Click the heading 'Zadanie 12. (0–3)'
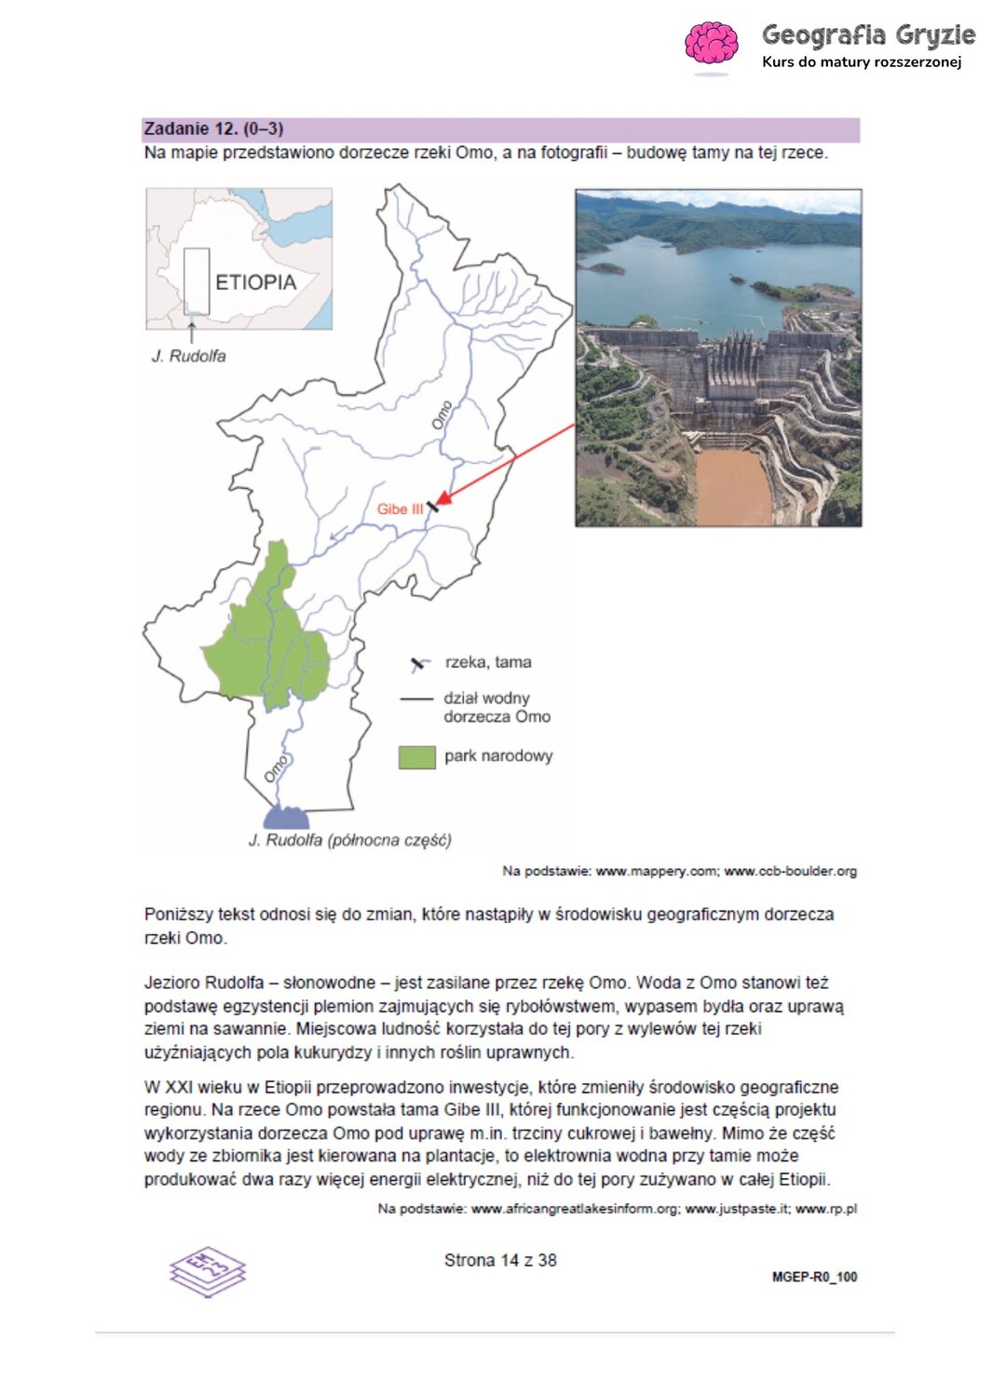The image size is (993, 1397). tap(213, 129)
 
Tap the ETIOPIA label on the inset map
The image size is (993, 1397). tap(255, 282)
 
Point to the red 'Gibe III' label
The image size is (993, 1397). tap(399, 509)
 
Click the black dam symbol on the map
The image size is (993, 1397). tap(432, 506)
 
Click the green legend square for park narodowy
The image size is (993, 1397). tap(416, 757)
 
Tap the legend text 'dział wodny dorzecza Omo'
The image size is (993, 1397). tap(496, 708)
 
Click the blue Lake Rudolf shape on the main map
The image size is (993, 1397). tap(286, 819)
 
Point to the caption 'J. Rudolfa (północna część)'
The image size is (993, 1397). tap(349, 840)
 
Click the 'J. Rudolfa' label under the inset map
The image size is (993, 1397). tap(188, 356)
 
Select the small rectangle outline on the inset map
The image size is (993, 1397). tap(196, 280)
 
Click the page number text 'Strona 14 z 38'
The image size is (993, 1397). tap(500, 1260)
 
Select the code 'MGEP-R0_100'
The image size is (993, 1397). tap(814, 1277)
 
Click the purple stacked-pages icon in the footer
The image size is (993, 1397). tap(207, 1271)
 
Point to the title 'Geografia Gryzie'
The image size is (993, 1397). tap(868, 35)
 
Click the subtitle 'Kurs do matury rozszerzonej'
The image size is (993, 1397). tap(861, 62)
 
